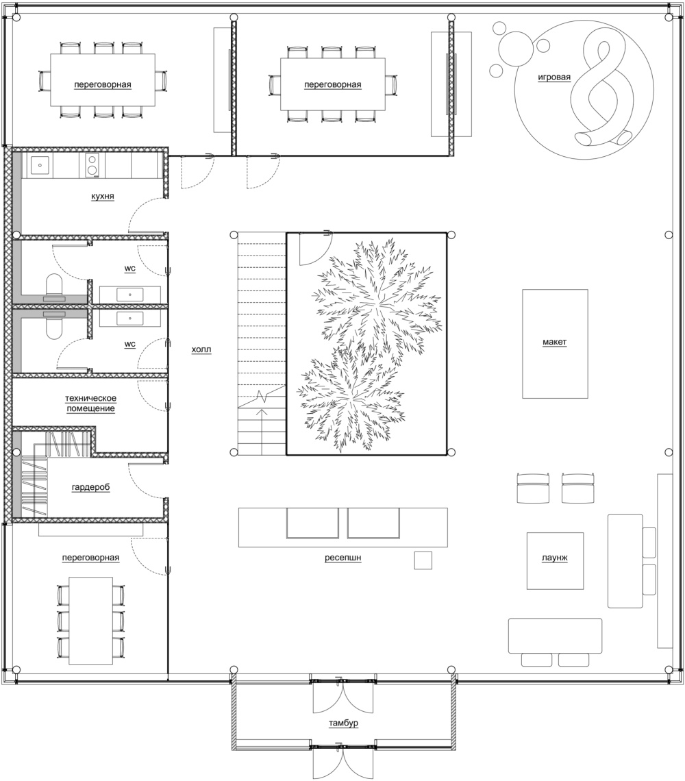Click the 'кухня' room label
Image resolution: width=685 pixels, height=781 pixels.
click(103, 196)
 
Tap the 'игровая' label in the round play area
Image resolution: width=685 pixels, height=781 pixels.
click(554, 77)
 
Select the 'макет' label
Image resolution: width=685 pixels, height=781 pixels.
click(554, 342)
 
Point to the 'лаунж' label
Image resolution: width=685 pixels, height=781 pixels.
click(554, 558)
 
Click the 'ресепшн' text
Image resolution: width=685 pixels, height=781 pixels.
click(342, 558)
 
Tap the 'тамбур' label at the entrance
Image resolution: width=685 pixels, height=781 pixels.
click(343, 723)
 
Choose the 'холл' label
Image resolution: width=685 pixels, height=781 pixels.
click(201, 349)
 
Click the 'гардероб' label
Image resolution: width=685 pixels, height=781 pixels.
click(90, 487)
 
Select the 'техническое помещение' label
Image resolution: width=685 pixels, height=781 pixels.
click(90, 404)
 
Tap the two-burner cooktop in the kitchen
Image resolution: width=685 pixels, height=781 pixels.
click(92, 165)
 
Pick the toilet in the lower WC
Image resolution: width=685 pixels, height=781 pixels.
click(54, 324)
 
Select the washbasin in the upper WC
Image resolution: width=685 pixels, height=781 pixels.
click(130, 295)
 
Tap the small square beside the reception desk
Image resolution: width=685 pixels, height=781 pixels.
click(423, 560)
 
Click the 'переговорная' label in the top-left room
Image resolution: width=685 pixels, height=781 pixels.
click(103, 85)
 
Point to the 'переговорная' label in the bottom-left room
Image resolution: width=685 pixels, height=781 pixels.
click(90, 558)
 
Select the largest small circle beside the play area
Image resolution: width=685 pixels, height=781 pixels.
click(516, 47)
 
